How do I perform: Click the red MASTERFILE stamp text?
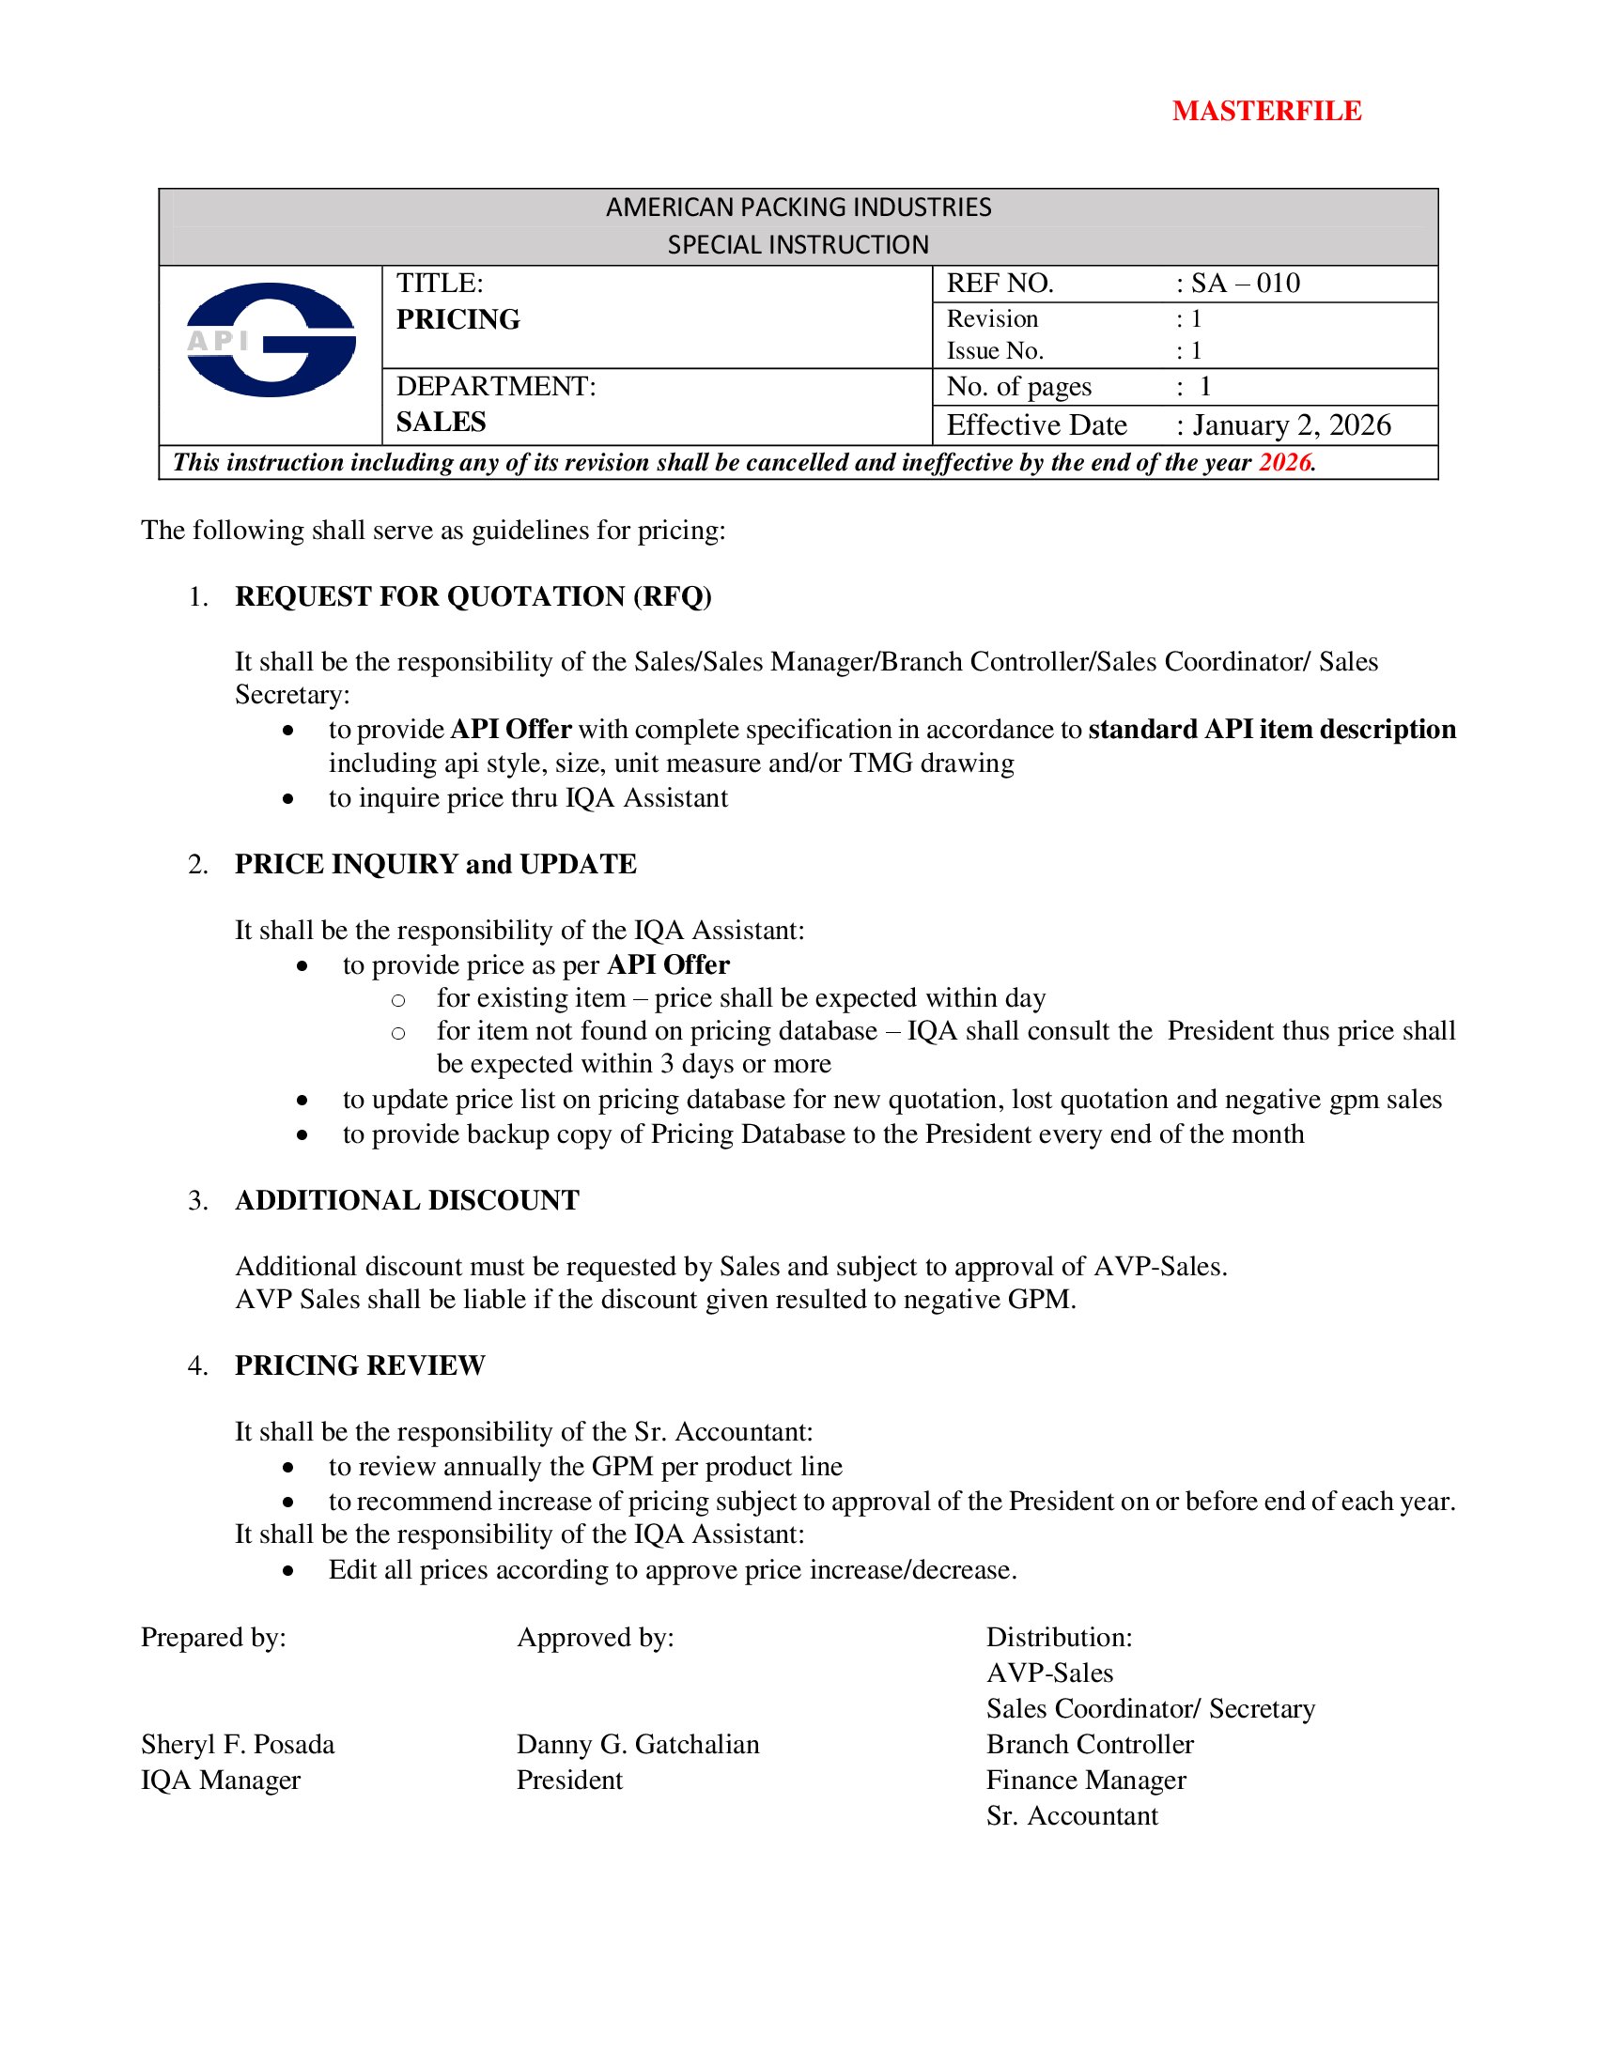pos(1266,112)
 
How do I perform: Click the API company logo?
pos(271,340)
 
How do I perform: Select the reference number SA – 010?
pos(1245,283)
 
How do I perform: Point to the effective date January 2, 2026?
pos(1292,424)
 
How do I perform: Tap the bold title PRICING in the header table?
pos(457,319)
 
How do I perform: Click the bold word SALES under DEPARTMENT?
pos(441,422)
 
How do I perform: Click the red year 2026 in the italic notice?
pos(1284,463)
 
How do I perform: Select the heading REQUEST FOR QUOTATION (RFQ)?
pos(473,596)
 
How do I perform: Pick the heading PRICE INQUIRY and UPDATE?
pos(435,864)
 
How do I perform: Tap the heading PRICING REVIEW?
pos(360,1365)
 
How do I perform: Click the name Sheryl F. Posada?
pos(238,1744)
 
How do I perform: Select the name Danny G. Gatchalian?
pos(638,1744)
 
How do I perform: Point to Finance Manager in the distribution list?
pos(1085,1780)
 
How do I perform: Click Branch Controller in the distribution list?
pos(1090,1744)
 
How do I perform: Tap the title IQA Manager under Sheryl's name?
pos(221,1780)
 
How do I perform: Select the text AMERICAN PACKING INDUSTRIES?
pos(798,208)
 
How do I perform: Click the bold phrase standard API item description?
pos(1272,729)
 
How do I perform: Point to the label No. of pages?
pos(1019,386)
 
